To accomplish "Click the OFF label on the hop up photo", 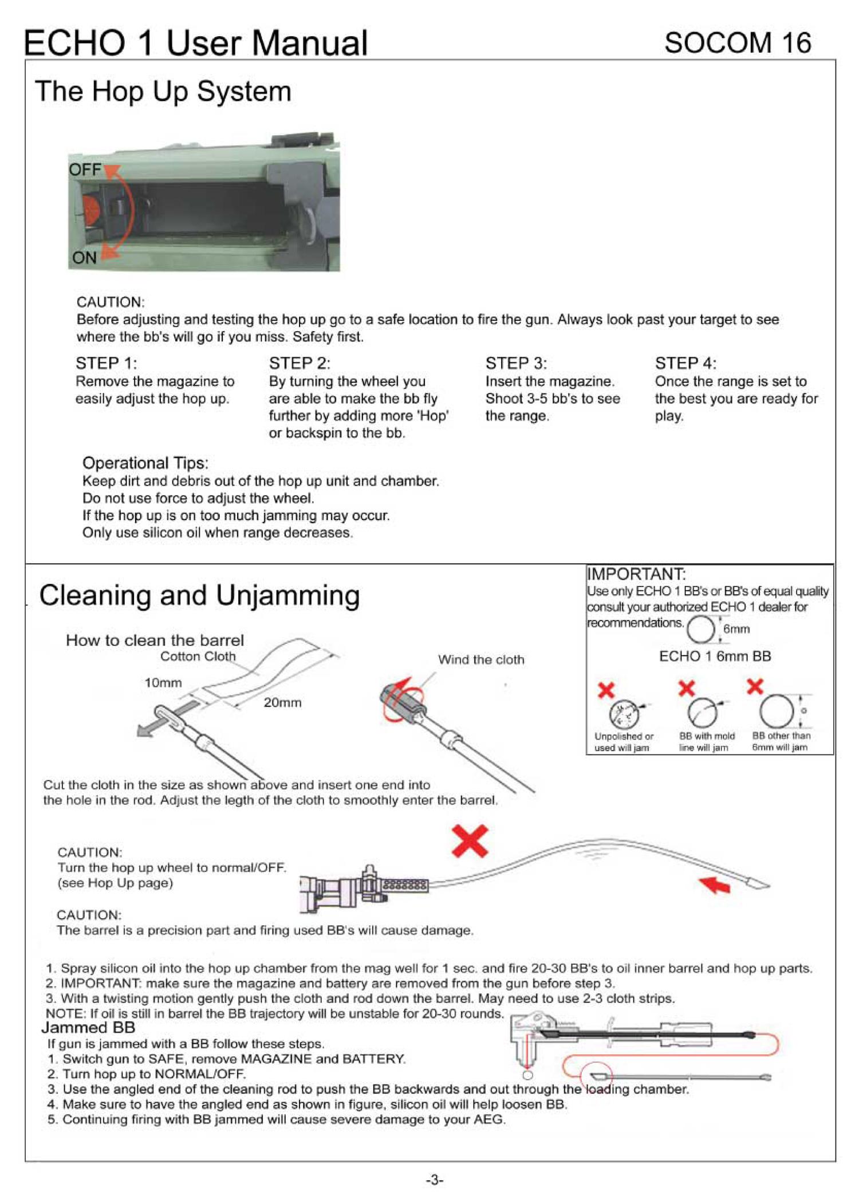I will tap(85, 170).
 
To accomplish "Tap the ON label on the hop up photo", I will tap(84, 258).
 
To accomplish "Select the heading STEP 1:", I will tap(107, 363).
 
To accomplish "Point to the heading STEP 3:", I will tap(516, 363).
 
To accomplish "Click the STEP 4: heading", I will tap(685, 363).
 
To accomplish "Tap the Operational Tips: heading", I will tap(145, 463).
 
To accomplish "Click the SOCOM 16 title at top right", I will tap(737, 43).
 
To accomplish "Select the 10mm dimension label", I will tap(163, 683).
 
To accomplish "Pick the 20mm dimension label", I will tap(282, 702).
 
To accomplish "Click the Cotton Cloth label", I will tap(198, 656).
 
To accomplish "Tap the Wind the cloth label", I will tap(481, 660).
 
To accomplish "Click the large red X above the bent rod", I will tap(470, 841).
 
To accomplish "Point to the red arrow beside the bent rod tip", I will tap(715, 884).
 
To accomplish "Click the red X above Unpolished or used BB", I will tap(606, 690).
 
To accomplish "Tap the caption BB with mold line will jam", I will tap(706, 742).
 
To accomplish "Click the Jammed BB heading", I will tap(88, 1028).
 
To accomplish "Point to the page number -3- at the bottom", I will tap(435, 1180).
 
